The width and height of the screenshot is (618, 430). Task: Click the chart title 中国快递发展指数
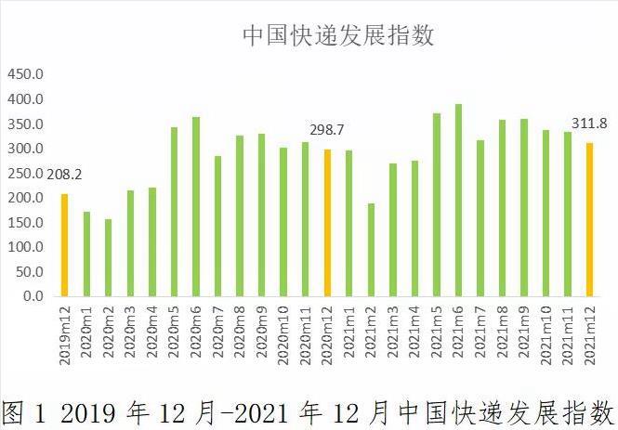(x=338, y=35)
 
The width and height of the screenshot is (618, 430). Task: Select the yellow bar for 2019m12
(x=65, y=245)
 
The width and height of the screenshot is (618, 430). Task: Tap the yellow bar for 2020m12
(x=327, y=223)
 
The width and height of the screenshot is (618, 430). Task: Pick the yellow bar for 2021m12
(x=589, y=219)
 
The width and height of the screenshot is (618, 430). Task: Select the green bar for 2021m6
(x=458, y=200)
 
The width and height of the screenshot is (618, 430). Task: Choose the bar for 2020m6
(x=196, y=206)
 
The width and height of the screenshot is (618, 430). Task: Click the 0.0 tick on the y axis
(x=33, y=296)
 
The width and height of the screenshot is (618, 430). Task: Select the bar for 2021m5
(x=437, y=204)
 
